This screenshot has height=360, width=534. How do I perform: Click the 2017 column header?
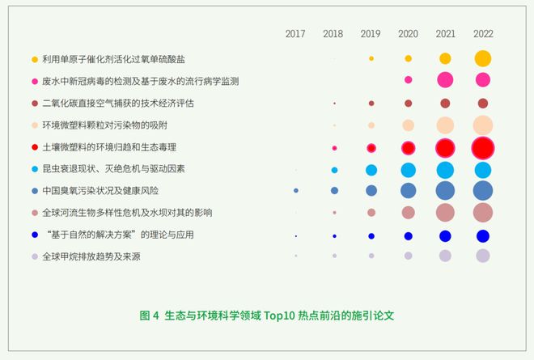[295, 34]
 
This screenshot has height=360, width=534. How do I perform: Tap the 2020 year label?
[408, 34]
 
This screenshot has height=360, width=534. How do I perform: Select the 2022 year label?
[483, 34]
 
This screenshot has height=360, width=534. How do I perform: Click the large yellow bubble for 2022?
[483, 58]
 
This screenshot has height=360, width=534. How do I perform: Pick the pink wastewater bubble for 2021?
[445, 80]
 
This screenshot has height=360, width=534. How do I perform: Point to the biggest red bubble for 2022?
[483, 148]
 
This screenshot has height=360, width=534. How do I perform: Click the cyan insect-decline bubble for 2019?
[371, 170]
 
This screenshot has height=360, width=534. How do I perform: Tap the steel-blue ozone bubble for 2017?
[296, 190]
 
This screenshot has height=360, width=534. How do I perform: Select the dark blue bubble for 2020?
[408, 236]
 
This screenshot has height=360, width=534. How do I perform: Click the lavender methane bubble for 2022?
[483, 256]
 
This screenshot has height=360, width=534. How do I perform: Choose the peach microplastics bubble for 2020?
[408, 125]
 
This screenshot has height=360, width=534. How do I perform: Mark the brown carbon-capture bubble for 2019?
[371, 104]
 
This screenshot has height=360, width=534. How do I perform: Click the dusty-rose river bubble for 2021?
[445, 213]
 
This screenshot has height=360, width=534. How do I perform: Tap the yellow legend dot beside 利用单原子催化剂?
[35, 60]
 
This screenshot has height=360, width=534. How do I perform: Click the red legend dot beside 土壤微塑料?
[35, 147]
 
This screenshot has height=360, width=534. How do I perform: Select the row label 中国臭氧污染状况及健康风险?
[100, 190]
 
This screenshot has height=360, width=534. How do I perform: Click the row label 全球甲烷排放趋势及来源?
[91, 256]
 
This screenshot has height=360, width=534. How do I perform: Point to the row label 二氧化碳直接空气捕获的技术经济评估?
[118, 104]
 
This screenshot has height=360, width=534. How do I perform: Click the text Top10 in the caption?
[279, 316]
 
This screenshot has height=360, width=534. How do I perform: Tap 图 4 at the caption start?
[149, 316]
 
